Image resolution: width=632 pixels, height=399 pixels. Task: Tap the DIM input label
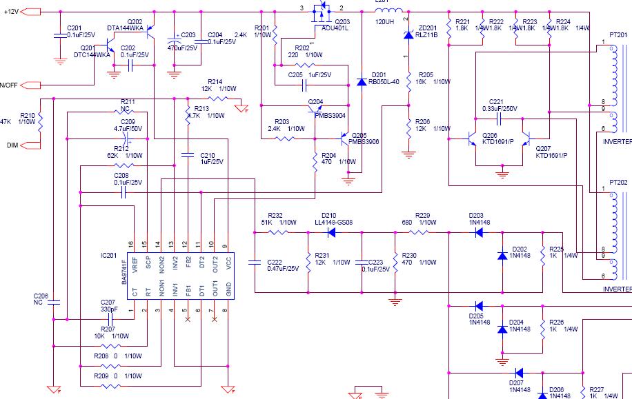point(12,145)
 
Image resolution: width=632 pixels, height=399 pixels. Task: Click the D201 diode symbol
point(362,82)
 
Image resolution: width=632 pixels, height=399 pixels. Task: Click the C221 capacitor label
point(497,102)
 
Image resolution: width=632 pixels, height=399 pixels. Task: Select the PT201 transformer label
point(619,35)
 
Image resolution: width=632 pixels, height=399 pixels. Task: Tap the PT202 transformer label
point(619,183)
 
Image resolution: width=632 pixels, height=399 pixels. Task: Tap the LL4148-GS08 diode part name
point(333,222)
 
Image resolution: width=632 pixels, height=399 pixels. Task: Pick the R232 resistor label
point(275,215)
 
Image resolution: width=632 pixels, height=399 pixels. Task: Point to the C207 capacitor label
point(108,302)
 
